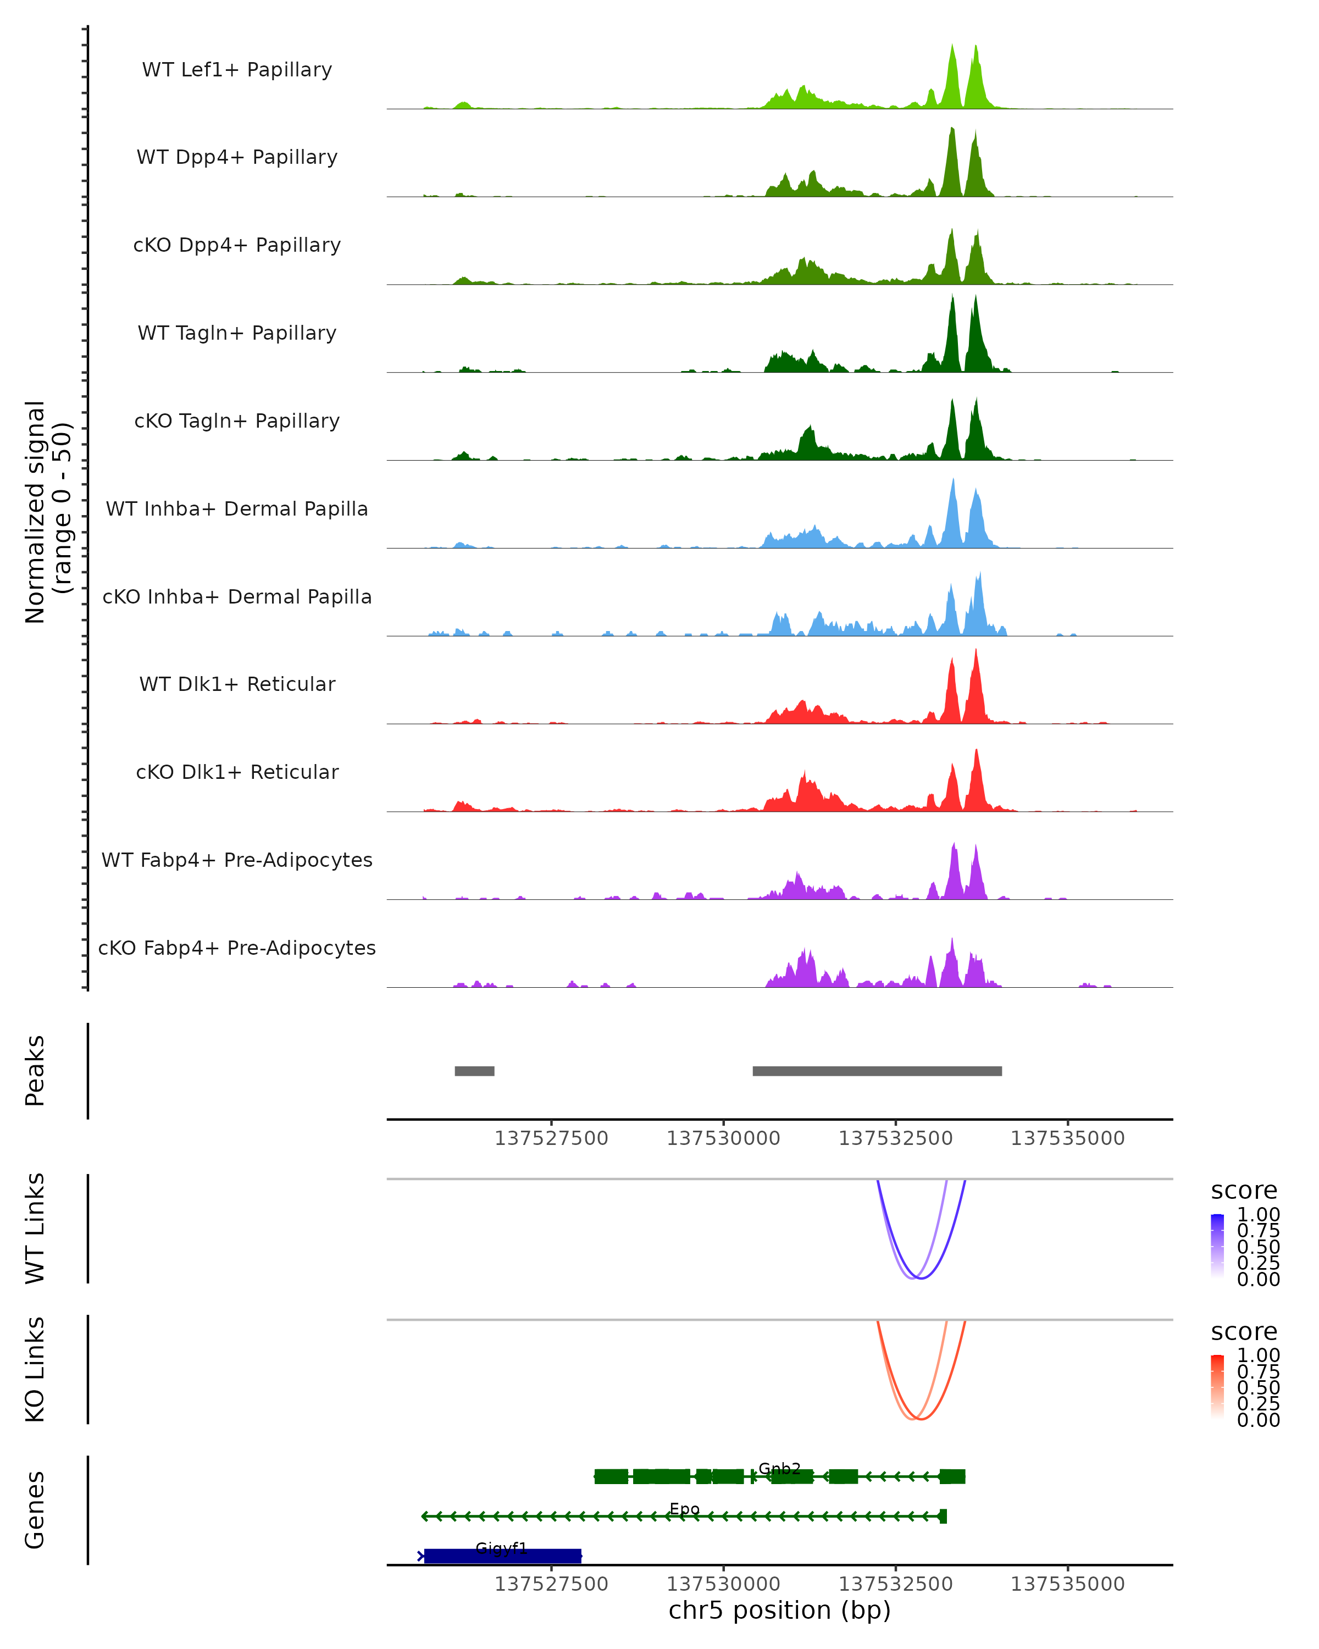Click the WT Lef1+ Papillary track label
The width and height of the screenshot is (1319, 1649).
(237, 70)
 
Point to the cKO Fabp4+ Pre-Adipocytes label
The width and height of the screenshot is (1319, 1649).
(237, 948)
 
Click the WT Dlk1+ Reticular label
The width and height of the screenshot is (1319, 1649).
(237, 684)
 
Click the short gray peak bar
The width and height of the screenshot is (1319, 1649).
(474, 1071)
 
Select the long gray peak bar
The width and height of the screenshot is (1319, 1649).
(877, 1071)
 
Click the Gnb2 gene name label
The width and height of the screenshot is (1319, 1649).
(779, 1469)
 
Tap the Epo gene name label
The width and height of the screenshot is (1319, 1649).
(684, 1509)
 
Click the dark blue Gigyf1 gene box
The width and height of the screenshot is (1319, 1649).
(502, 1556)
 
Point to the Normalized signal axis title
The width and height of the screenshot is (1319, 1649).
(47, 512)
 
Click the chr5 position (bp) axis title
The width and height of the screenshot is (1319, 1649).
(779, 1610)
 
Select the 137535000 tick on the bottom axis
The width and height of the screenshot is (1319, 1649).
(1067, 1584)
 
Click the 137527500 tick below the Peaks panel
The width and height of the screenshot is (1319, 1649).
(551, 1139)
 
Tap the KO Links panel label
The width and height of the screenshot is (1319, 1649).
(35, 1369)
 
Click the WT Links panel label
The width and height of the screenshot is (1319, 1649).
(35, 1227)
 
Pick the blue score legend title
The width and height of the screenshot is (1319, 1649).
(1243, 1191)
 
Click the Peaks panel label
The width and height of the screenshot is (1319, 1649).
(35, 1071)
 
